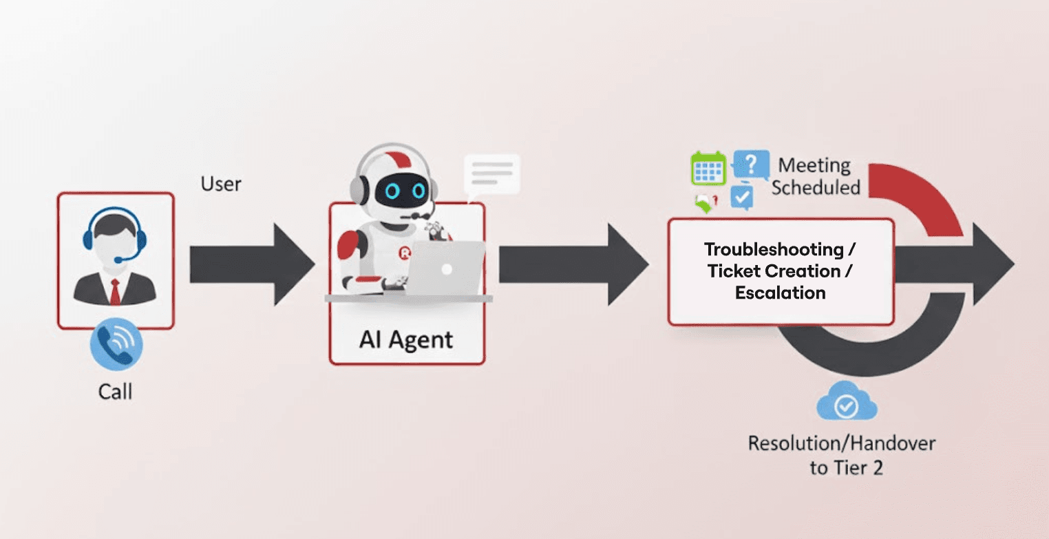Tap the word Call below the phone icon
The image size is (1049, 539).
[x=115, y=392]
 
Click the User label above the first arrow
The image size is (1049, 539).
[x=221, y=184]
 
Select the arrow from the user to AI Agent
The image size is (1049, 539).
[x=251, y=264]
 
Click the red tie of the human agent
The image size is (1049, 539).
[x=115, y=290]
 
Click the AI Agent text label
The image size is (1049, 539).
[x=406, y=339]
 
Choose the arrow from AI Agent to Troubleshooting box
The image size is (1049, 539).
[x=573, y=264]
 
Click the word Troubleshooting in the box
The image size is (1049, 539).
[x=774, y=249]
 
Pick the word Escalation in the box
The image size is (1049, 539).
[x=780, y=293]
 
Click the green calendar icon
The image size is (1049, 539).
[x=708, y=169]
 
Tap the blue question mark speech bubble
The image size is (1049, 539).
[x=751, y=166]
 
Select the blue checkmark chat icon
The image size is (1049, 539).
[x=741, y=197]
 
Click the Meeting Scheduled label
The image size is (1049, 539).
[x=815, y=176]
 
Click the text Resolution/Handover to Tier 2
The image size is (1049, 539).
[x=842, y=455]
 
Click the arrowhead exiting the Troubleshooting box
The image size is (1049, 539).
[x=993, y=264]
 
